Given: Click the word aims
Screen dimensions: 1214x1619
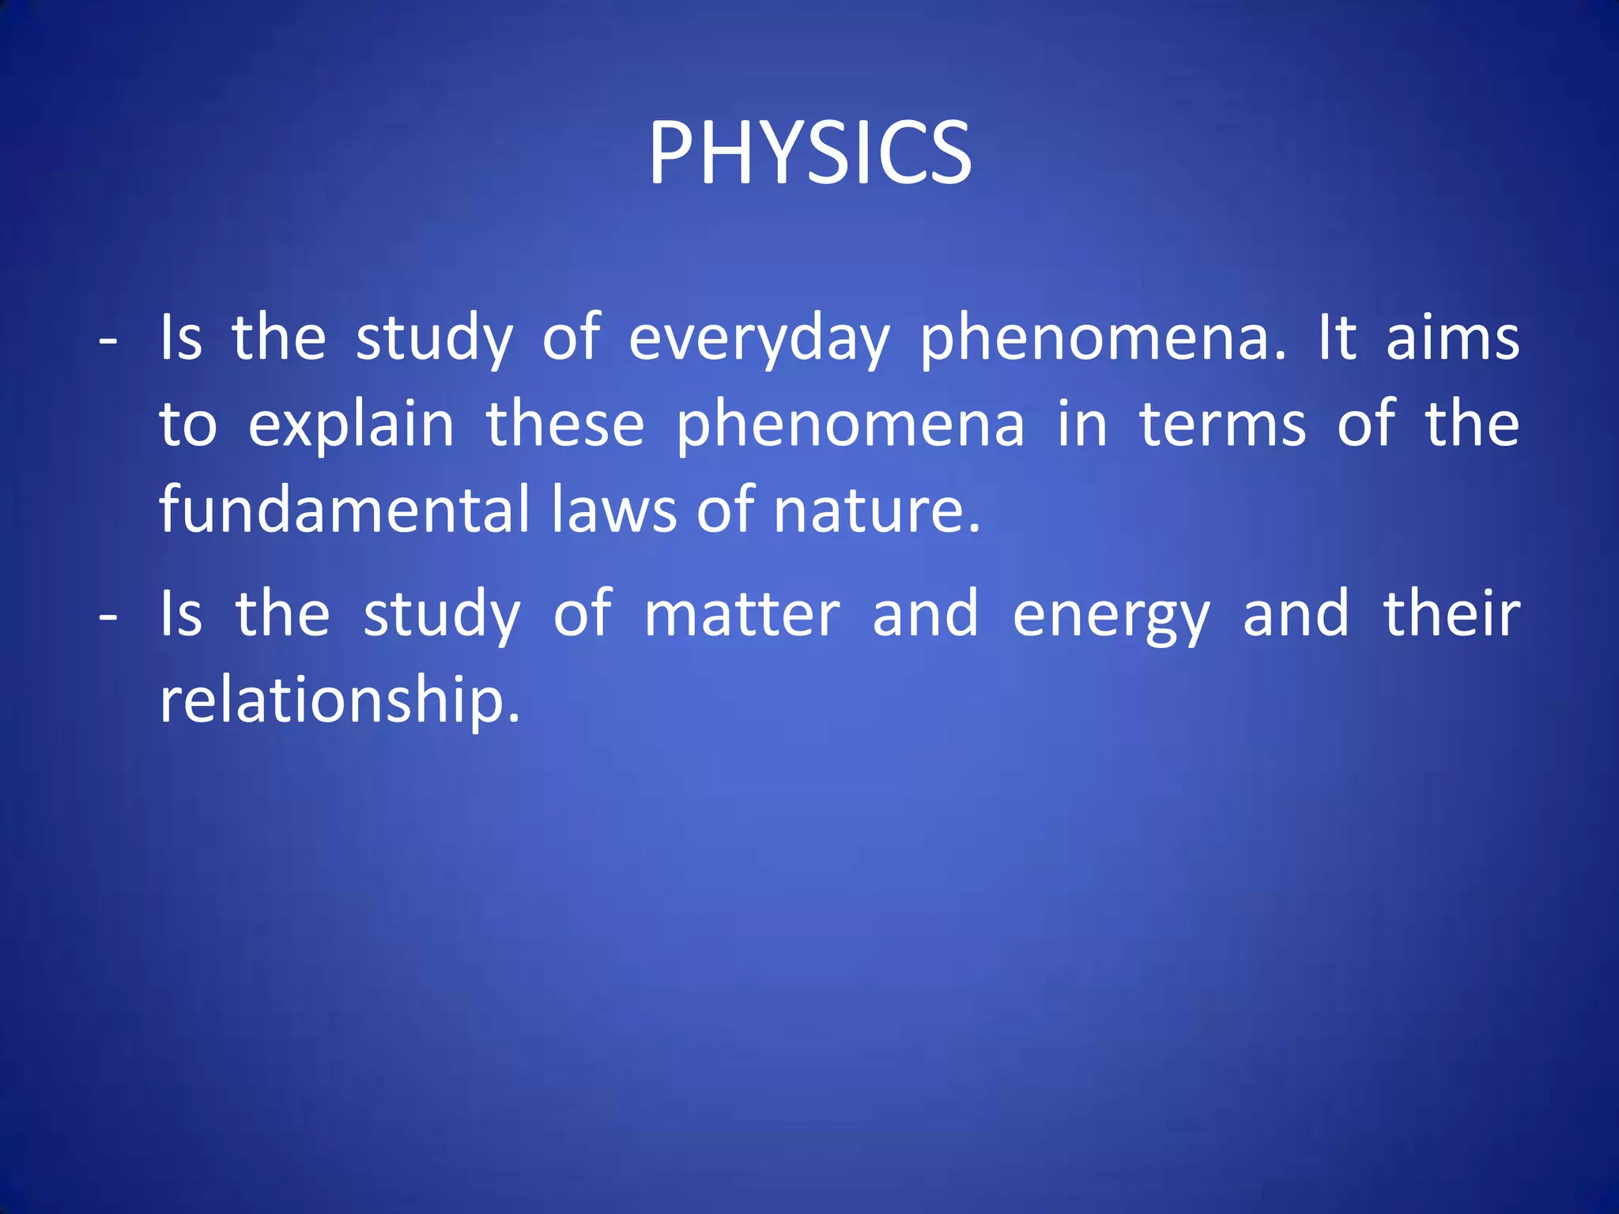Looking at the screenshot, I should [1452, 338].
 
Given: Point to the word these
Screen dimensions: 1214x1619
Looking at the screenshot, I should [564, 424].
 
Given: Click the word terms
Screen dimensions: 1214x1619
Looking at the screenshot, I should [1222, 424].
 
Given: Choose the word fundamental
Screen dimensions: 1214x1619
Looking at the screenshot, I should [344, 510].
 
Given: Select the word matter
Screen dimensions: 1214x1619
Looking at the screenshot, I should [742, 615].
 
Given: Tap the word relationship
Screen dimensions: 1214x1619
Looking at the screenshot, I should [340, 700].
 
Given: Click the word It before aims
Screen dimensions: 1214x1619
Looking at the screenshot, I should [1337, 338].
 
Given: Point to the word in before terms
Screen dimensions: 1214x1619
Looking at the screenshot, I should [1082, 424].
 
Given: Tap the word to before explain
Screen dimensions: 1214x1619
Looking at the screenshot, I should [188, 425].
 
